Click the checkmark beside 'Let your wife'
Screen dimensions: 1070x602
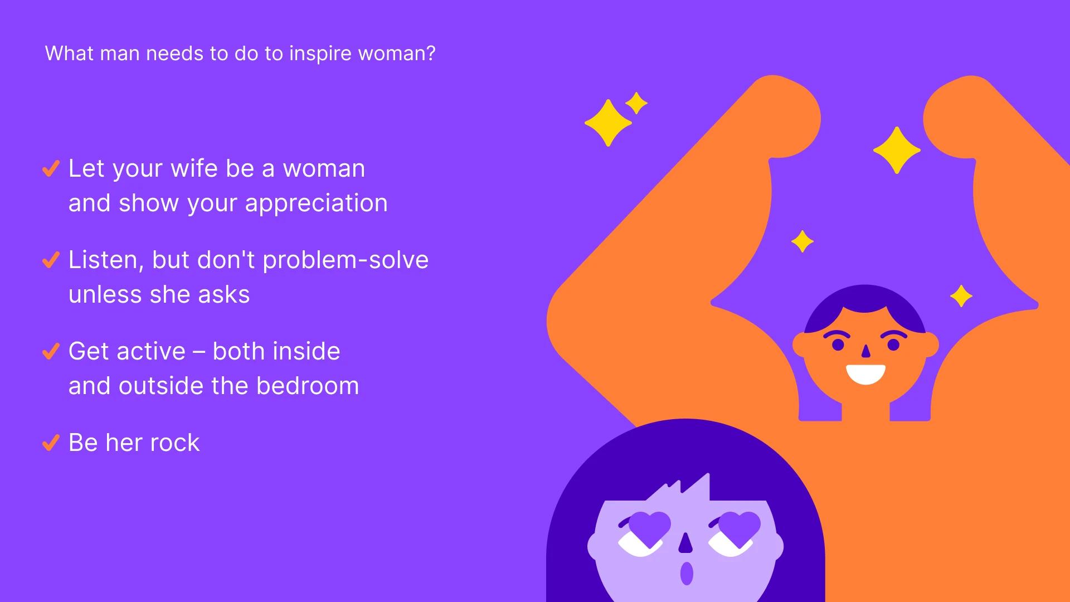point(51,168)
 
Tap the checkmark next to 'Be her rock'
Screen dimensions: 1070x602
point(51,443)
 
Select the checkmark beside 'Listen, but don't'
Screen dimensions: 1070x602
point(51,260)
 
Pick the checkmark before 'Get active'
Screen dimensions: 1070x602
point(51,351)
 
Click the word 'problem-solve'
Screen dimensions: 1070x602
point(346,261)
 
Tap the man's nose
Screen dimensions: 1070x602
point(865,352)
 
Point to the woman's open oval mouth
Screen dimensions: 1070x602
point(687,574)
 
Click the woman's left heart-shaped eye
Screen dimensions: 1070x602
point(649,528)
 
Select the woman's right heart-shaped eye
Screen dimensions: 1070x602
point(740,528)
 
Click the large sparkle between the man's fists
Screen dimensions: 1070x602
point(897,150)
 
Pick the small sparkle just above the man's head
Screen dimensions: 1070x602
point(802,241)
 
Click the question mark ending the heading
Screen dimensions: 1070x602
point(430,54)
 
